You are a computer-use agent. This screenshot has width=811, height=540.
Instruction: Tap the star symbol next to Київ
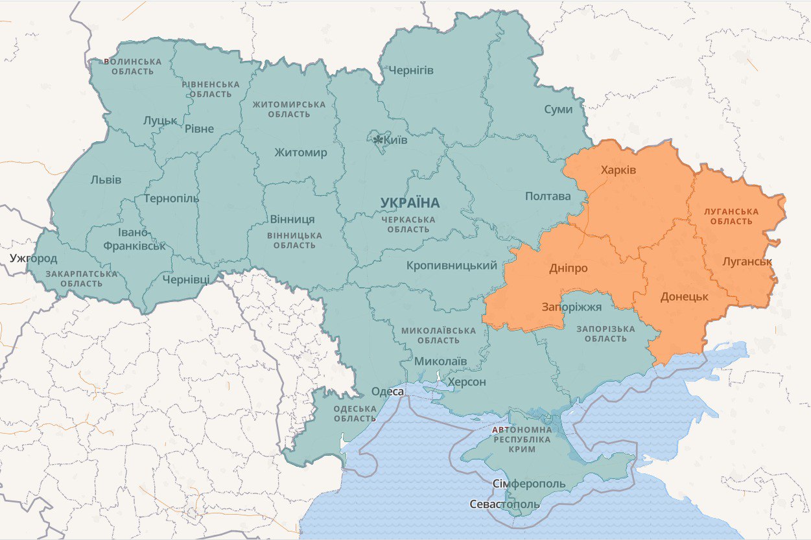click(377, 139)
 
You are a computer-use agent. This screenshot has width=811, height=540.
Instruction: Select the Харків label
click(618, 170)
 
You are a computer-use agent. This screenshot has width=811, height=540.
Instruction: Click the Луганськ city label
click(747, 262)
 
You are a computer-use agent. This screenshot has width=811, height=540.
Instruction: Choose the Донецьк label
click(684, 297)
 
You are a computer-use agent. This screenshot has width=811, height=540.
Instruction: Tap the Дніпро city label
click(568, 268)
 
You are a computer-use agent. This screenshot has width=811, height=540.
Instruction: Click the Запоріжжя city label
click(572, 307)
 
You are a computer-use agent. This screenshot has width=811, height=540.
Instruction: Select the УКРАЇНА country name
click(410, 203)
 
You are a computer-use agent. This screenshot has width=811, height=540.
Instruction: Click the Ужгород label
click(33, 258)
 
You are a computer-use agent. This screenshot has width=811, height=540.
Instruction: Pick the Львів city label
click(106, 180)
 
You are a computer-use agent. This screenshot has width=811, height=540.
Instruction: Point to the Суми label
click(558, 109)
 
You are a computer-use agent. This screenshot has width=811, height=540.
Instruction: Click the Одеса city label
click(388, 392)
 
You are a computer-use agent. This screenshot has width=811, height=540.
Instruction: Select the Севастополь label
click(504, 504)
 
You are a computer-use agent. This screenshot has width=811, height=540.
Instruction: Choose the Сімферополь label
click(528, 484)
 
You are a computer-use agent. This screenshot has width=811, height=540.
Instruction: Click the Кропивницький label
click(452, 265)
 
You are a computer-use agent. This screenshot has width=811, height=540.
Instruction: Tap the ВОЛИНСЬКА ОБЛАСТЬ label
click(132, 66)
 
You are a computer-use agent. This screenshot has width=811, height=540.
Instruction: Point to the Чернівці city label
click(186, 279)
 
